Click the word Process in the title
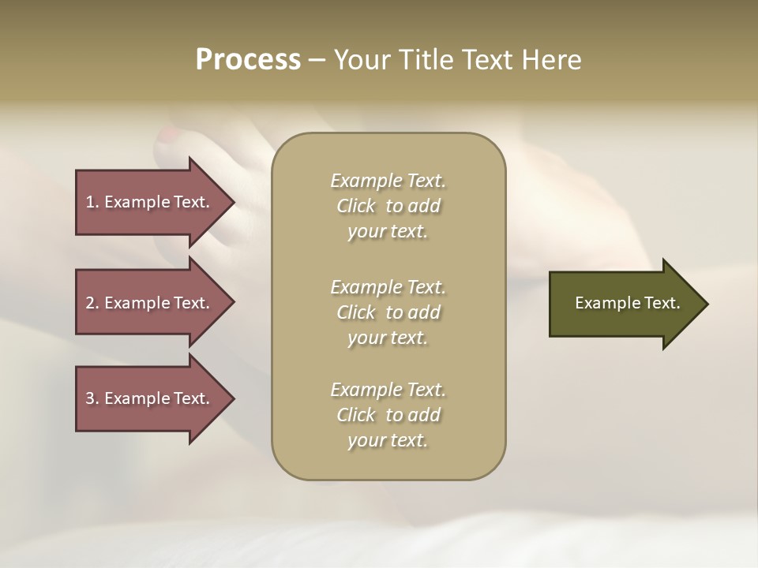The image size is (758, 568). point(248,60)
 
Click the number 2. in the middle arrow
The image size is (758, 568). point(92,303)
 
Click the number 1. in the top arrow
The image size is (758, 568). point(92,202)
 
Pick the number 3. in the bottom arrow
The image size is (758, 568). point(92,398)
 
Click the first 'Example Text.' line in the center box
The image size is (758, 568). point(388,181)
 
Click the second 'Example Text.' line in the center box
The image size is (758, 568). point(388,287)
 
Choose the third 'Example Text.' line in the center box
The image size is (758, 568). point(388,390)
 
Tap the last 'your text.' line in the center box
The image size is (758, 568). point(388,440)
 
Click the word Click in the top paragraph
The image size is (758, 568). point(356,207)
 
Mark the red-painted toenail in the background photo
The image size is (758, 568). point(169,135)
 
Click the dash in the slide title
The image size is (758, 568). point(317,61)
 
